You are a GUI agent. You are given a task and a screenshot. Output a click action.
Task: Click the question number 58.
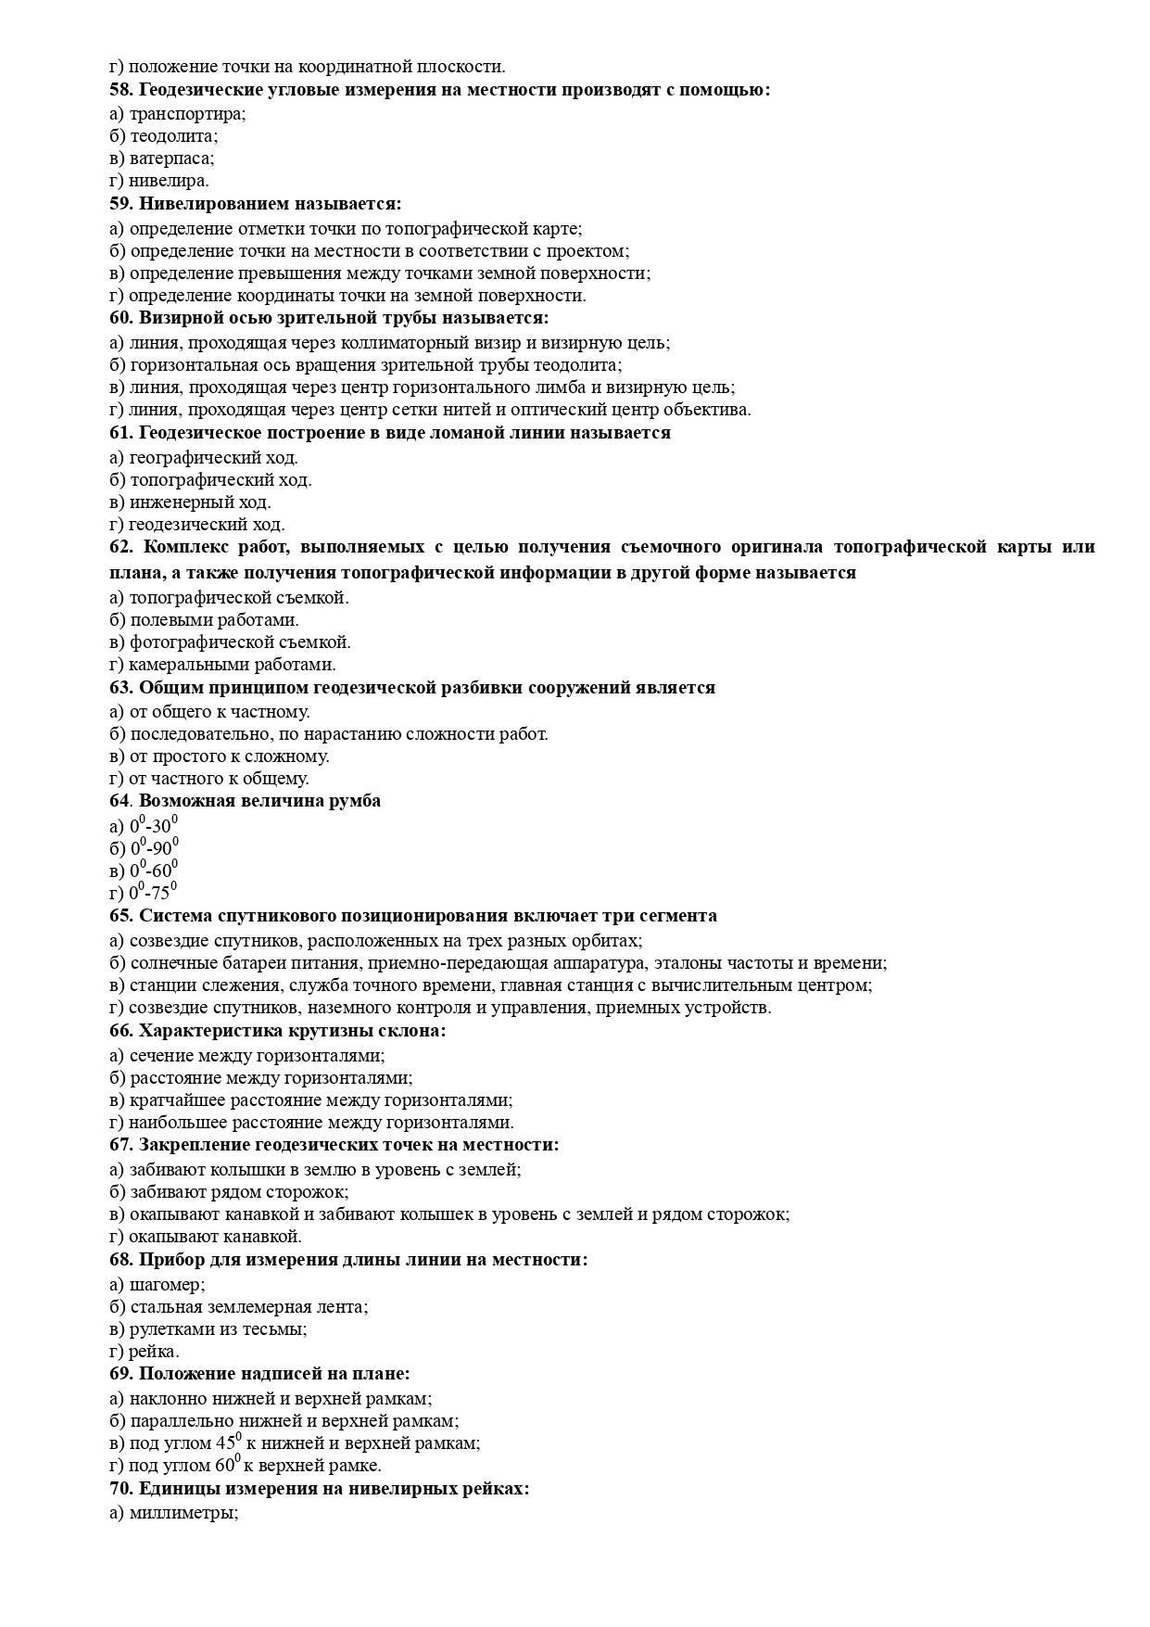(x=120, y=91)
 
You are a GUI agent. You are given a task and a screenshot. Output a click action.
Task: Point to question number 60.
(x=120, y=319)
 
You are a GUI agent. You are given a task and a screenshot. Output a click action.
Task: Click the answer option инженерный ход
(x=200, y=502)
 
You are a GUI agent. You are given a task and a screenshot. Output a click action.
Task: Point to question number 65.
(x=120, y=916)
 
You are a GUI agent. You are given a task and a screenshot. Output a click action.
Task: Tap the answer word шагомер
(x=167, y=1284)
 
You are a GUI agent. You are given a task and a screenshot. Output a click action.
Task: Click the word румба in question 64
(x=354, y=801)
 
